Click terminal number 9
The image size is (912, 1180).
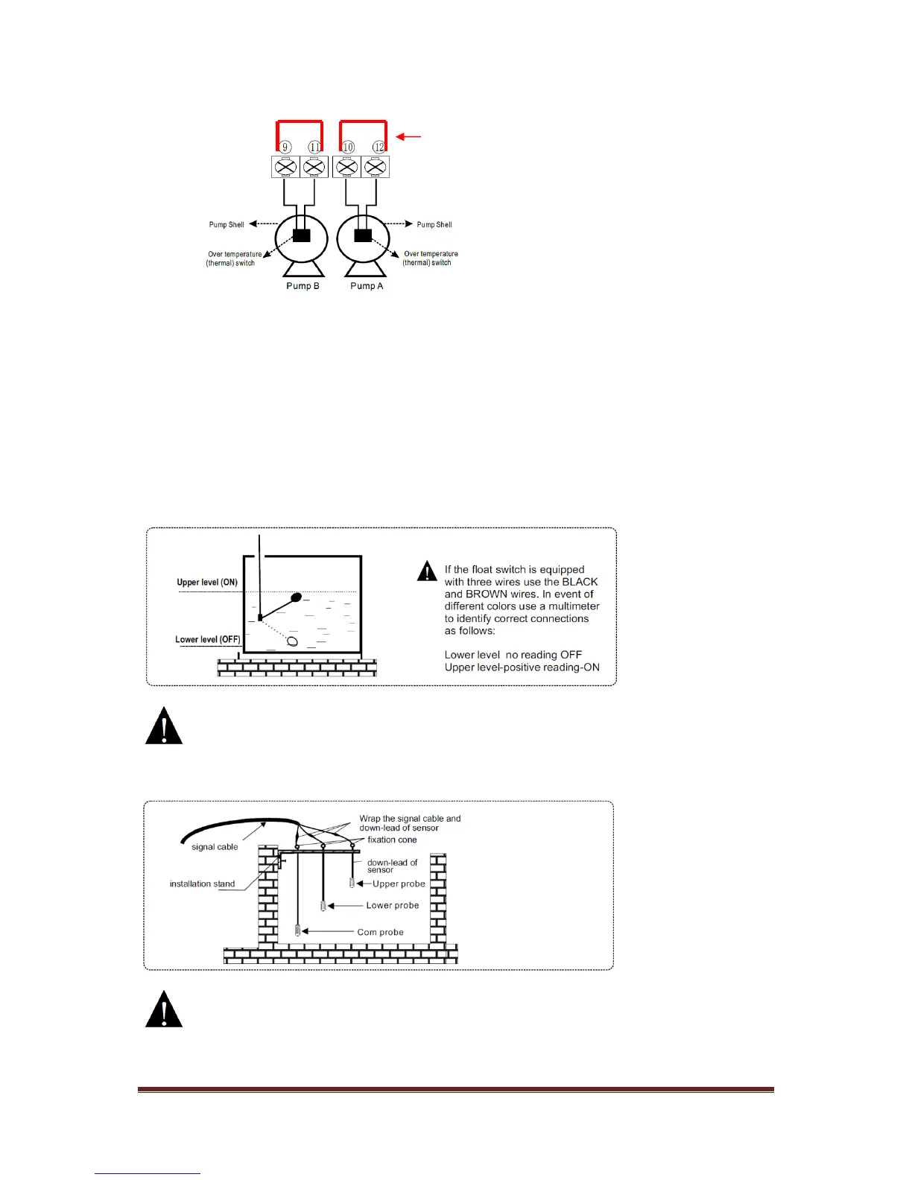coord(285,147)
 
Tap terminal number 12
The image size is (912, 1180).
coord(379,147)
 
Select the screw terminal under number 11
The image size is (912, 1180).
coord(314,167)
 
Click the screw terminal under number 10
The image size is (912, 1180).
coord(346,167)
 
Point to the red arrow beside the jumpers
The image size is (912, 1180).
coord(409,136)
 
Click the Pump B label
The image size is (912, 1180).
coord(303,286)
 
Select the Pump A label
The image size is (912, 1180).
coord(367,286)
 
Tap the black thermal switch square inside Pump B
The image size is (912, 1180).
coord(302,235)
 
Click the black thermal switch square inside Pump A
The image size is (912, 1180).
coord(363,235)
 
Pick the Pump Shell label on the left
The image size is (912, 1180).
coord(227,224)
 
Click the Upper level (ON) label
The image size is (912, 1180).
coord(207,583)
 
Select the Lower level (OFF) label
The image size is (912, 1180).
coord(208,639)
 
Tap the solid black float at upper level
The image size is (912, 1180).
coord(297,597)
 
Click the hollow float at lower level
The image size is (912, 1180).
coord(293,641)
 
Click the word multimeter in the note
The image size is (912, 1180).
coord(568,606)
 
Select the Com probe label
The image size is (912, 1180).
coord(380,932)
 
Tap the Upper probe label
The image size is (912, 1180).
coord(399,884)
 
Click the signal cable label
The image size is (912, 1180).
coord(215,847)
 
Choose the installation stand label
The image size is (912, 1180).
coord(202,884)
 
